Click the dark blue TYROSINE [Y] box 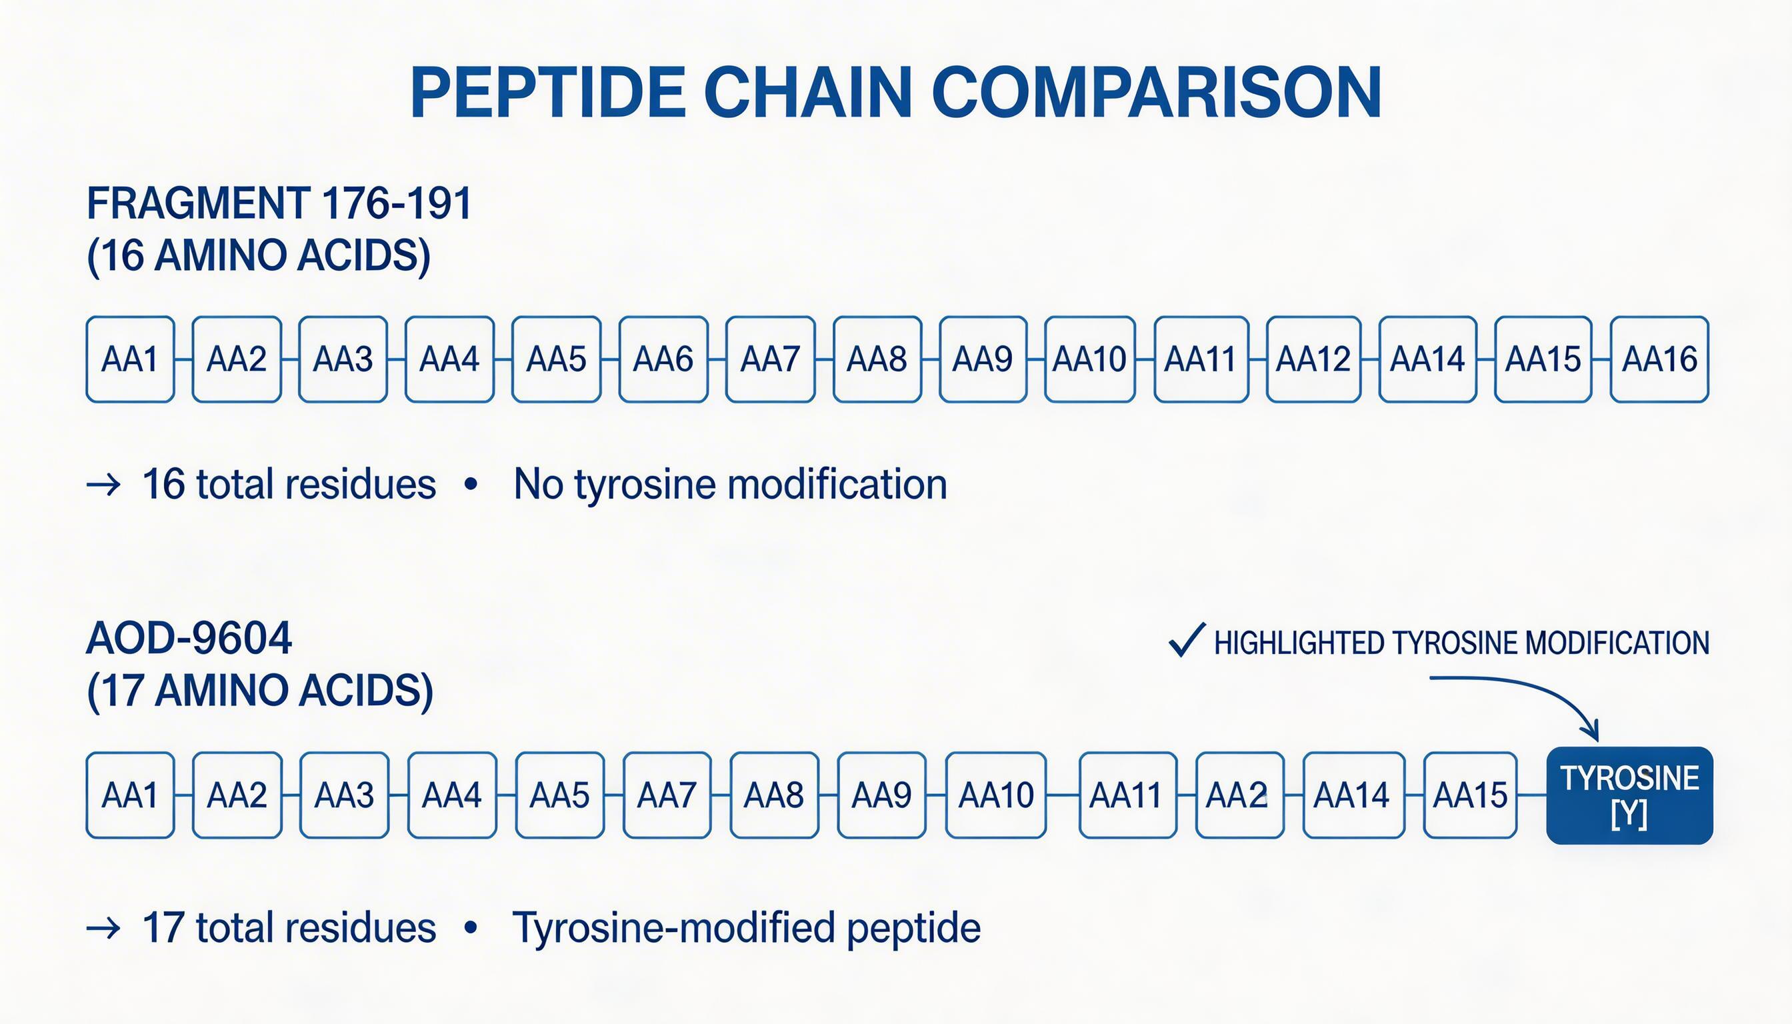[1629, 795]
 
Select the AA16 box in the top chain [1659, 359]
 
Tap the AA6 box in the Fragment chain [663, 359]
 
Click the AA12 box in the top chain [1313, 359]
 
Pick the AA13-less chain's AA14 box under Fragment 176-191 [1427, 359]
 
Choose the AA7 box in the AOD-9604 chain [667, 795]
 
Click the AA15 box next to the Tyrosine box [1470, 795]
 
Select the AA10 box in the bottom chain [995, 795]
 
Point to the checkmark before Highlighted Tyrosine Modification [1187, 641]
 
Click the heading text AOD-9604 [189, 639]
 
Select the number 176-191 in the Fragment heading [396, 204]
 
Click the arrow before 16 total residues [103, 485]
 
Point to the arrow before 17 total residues [103, 929]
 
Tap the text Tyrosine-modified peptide [746, 927]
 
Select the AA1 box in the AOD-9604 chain [130, 795]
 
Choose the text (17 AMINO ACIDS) [259, 691]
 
